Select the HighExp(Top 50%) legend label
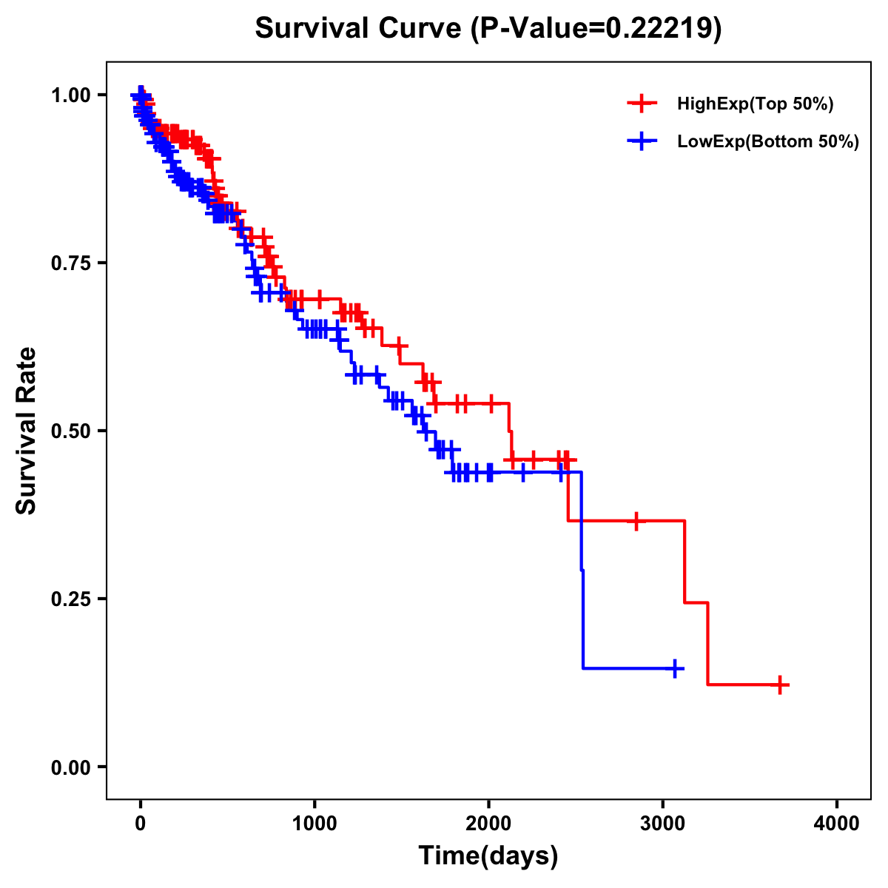755,104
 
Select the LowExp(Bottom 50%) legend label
767,142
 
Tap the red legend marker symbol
642,104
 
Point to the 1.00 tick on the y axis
71,95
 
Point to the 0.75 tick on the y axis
71,263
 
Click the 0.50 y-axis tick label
71,431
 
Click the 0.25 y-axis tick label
71,599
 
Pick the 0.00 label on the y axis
71,767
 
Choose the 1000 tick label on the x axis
314,824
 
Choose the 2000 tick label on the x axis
488,824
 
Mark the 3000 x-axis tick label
663,824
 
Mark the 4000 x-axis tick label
837,824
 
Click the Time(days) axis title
488,856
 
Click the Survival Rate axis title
27,431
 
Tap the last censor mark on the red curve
780,685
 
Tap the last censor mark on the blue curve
675,669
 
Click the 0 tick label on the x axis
141,824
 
